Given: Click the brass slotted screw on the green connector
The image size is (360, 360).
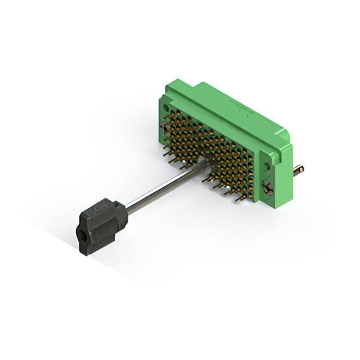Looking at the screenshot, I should coord(269,189).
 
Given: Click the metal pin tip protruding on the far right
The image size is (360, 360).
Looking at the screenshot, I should coord(299,168).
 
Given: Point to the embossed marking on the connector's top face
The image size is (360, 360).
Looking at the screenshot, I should coord(236,107).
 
